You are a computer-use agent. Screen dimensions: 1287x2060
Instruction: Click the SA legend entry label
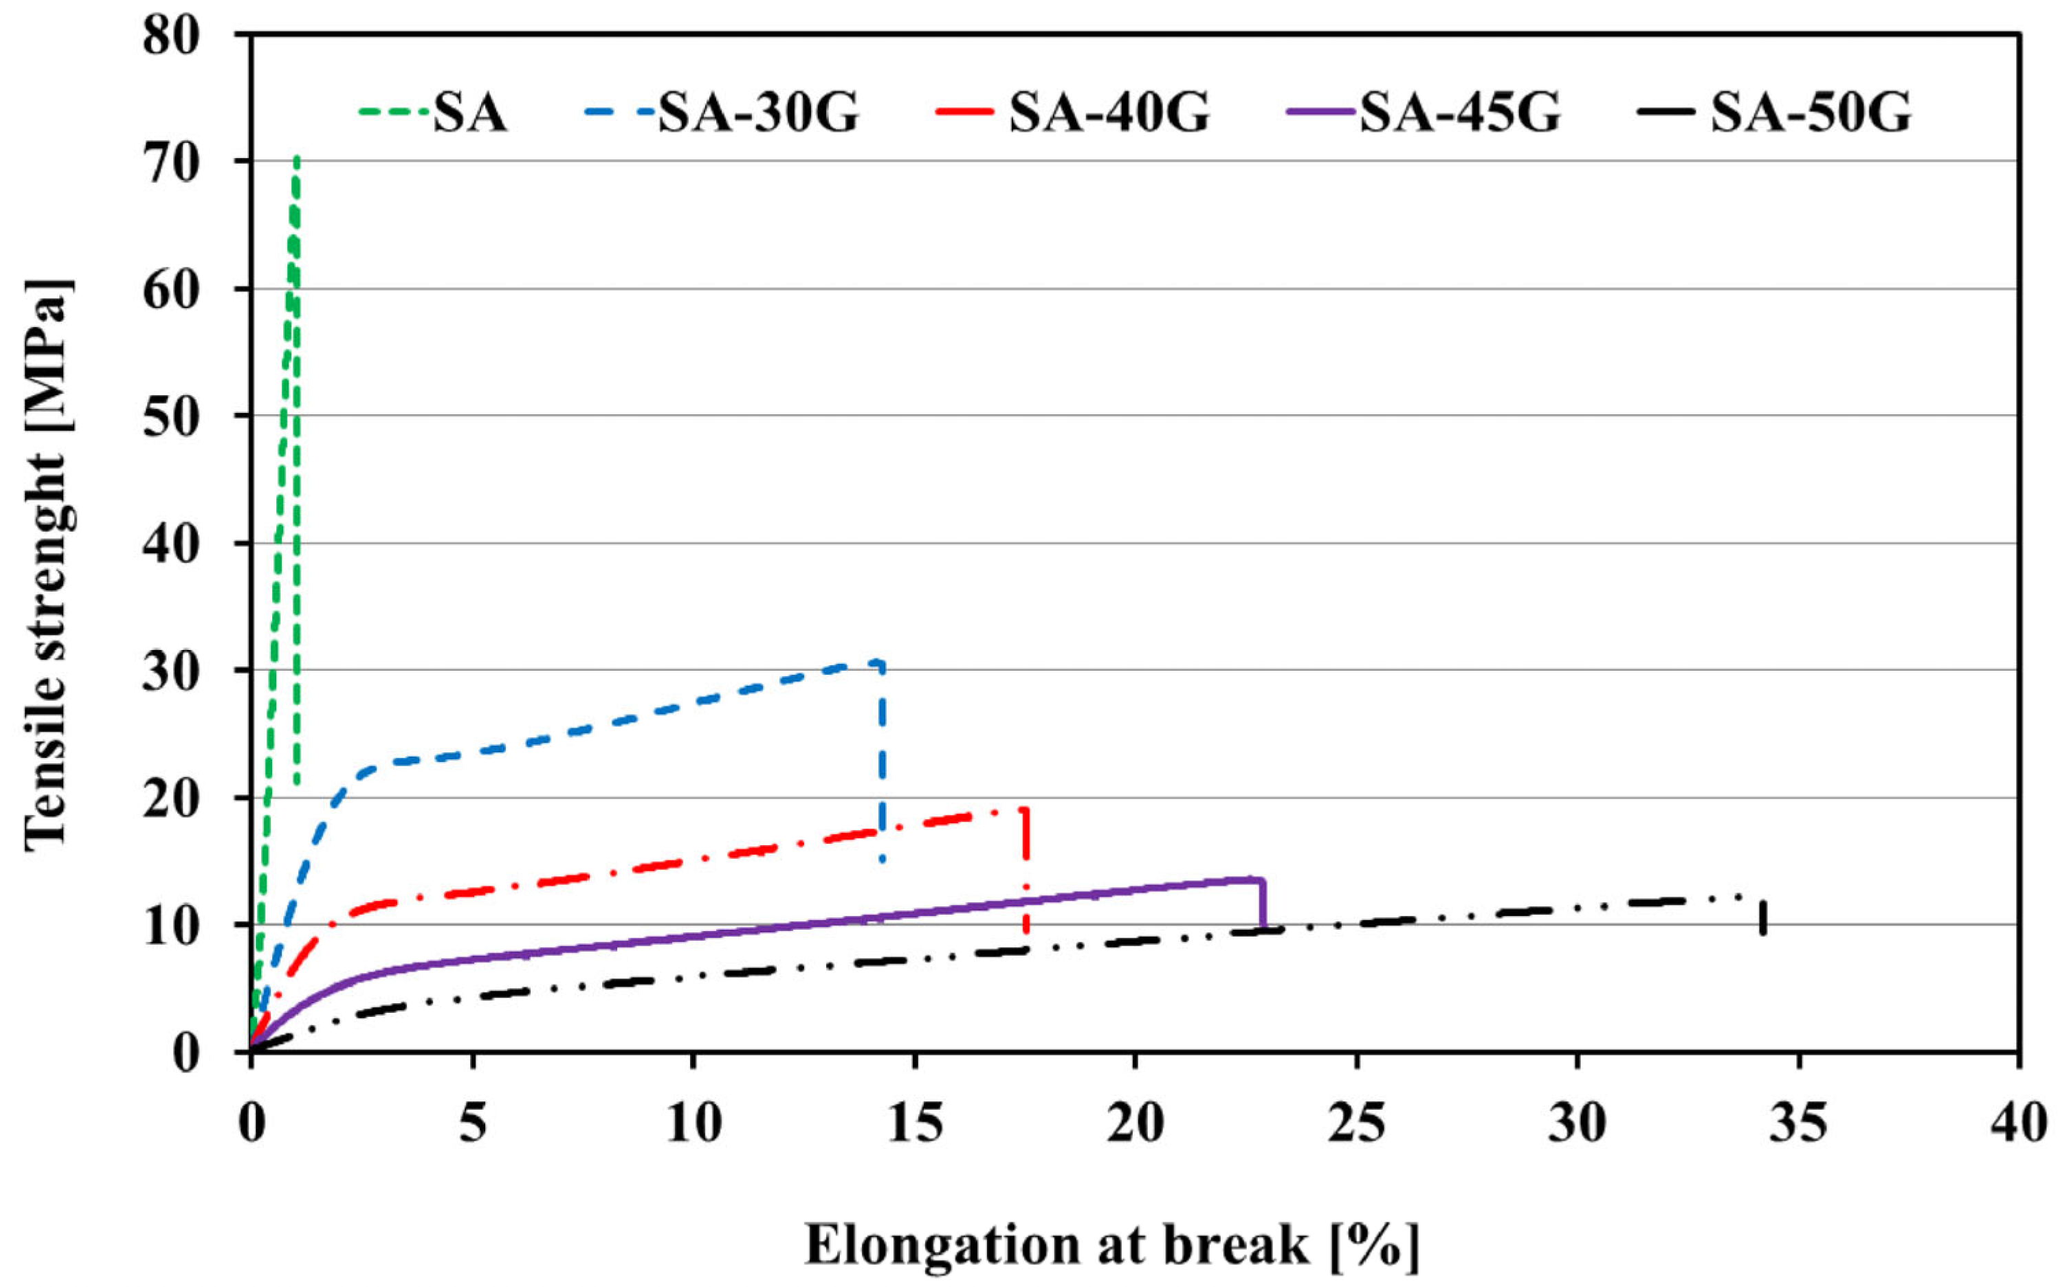[470, 113]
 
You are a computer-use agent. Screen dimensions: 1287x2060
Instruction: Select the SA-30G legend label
[757, 113]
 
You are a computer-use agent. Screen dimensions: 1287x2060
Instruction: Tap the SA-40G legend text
[1109, 113]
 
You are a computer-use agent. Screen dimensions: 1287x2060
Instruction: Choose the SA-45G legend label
[1460, 113]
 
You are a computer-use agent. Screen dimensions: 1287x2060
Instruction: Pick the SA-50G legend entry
[1810, 113]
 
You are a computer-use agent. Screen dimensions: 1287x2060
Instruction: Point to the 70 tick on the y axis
[175, 161]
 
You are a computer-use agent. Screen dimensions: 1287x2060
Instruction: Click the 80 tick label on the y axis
[175, 36]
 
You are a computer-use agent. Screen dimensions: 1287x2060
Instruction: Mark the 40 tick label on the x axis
[2017, 1123]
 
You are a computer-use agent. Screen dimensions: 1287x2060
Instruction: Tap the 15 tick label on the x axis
[914, 1123]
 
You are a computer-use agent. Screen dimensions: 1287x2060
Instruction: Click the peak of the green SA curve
[296, 159]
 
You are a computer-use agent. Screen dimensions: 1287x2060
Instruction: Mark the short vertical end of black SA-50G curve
[1763, 917]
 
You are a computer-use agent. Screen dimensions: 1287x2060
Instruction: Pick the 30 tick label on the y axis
[175, 671]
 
